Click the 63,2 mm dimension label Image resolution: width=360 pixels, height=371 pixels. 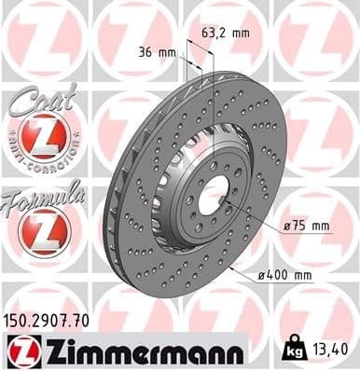click(226, 33)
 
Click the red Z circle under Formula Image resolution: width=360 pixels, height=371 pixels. click(43, 229)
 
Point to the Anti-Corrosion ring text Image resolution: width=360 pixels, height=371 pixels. click(43, 161)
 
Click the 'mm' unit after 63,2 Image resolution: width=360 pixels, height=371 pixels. click(242, 33)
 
